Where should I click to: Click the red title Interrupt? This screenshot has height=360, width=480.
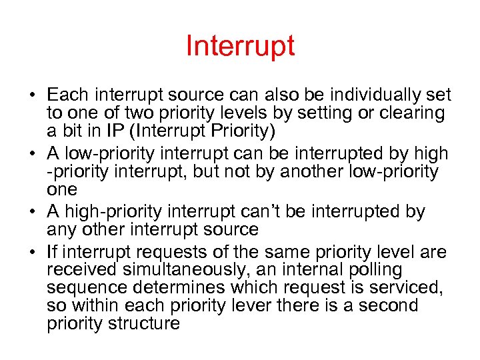point(240,47)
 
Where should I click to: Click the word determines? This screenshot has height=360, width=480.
point(181,289)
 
